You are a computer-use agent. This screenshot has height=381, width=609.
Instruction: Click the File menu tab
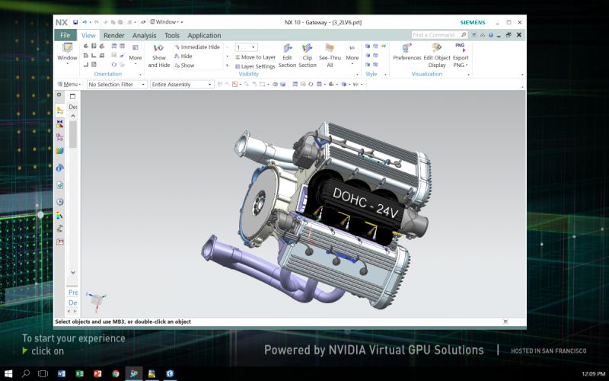(x=65, y=35)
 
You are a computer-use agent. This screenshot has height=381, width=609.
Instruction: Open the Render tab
(x=114, y=35)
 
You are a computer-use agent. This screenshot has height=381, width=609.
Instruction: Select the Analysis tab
(x=144, y=35)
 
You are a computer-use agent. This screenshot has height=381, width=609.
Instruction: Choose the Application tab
(x=204, y=35)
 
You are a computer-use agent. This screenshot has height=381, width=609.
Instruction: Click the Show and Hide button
(x=158, y=56)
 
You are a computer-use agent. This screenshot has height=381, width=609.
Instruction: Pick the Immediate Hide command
(x=197, y=47)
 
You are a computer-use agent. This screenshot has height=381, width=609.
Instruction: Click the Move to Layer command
(x=255, y=57)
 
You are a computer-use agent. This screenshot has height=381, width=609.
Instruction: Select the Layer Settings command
(x=255, y=66)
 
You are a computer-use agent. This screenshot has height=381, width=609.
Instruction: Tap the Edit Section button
(x=287, y=56)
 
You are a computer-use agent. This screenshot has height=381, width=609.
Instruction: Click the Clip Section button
(x=308, y=56)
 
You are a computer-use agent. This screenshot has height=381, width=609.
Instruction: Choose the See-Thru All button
(x=330, y=56)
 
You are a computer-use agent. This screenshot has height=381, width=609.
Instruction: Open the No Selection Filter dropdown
(x=116, y=85)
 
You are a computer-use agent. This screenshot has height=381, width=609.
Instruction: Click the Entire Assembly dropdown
(x=182, y=85)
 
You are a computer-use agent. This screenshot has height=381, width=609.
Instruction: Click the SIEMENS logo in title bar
(x=472, y=22)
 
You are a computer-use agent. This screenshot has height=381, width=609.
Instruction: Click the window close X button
(x=520, y=22)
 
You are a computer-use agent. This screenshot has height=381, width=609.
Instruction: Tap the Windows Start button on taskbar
(x=8, y=374)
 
